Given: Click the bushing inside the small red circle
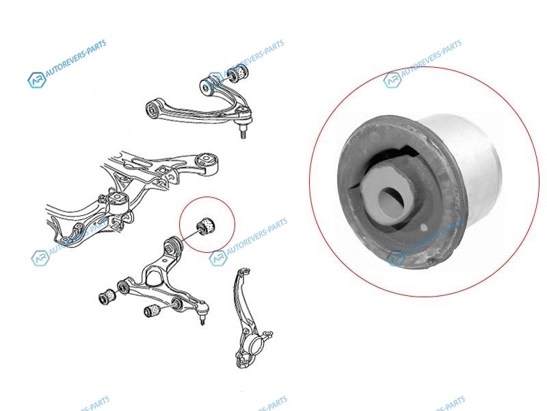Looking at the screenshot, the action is click(207, 226).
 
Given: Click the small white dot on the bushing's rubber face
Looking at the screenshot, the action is click(423, 227).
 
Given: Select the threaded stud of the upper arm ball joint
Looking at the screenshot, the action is click(243, 133).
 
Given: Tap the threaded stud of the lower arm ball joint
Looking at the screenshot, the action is click(202, 320).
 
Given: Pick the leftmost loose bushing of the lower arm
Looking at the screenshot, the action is click(108, 297).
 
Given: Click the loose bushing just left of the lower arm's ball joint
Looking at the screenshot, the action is click(152, 310).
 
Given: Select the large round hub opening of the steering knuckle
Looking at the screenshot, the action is click(256, 345).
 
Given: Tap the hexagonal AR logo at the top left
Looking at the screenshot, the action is click(36, 80).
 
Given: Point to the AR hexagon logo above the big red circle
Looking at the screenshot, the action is click(392, 80).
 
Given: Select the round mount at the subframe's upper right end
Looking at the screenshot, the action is click(206, 160).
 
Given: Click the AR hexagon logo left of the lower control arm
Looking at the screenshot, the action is click(40, 258).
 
